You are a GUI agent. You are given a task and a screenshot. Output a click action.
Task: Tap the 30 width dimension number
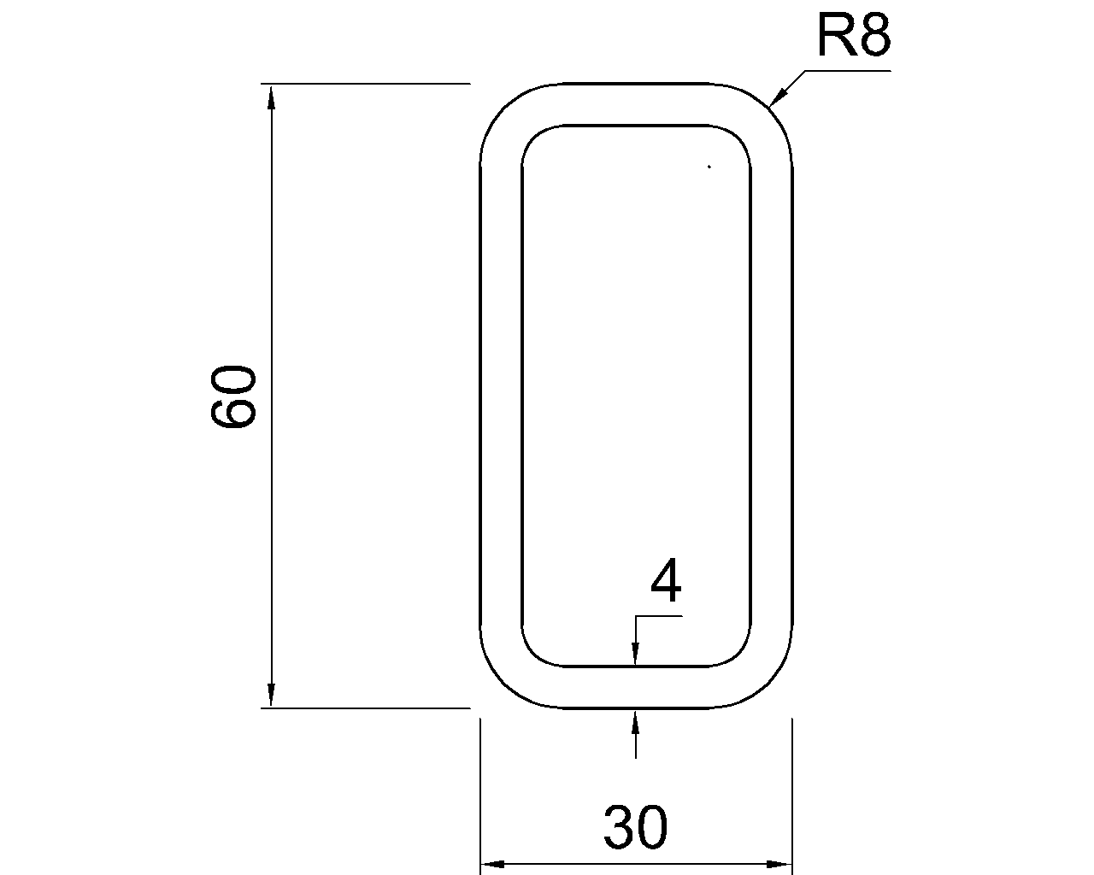pos(635,827)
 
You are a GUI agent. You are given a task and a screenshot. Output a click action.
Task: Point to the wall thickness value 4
pos(666,584)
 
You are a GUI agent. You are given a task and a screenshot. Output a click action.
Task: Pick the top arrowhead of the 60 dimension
pos(272,96)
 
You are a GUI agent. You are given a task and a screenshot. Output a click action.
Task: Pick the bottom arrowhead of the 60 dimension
pos(272,696)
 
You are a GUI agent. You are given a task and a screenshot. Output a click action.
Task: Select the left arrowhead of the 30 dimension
pos(492,863)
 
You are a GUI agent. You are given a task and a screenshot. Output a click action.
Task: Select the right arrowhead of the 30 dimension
pos(780,863)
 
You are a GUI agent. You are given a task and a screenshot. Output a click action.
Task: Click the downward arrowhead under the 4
pos(635,655)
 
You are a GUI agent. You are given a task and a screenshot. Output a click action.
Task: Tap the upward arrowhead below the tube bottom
pos(635,720)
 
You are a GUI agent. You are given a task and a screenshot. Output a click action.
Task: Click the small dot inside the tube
pos(709,167)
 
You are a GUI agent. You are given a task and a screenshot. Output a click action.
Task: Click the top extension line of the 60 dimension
pos(368,84)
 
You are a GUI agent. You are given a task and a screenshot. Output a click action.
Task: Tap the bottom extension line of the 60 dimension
pos(368,708)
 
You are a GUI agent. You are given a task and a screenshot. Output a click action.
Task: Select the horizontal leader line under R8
pos(846,70)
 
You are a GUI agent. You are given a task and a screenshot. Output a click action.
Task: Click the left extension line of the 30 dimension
pos(480,795)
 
